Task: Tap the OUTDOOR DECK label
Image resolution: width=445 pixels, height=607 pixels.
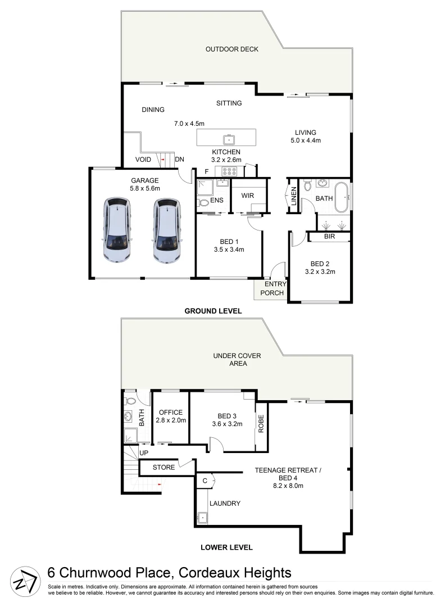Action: (231, 49)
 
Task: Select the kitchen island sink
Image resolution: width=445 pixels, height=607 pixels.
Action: (229, 138)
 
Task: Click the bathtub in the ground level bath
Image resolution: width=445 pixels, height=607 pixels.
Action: (342, 197)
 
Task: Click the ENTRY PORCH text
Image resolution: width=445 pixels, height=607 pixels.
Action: (272, 288)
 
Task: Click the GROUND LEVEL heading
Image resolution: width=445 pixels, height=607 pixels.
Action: (214, 310)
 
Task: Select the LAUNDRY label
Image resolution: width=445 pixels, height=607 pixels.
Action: (226, 504)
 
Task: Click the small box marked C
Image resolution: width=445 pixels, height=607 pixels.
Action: (205, 481)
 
